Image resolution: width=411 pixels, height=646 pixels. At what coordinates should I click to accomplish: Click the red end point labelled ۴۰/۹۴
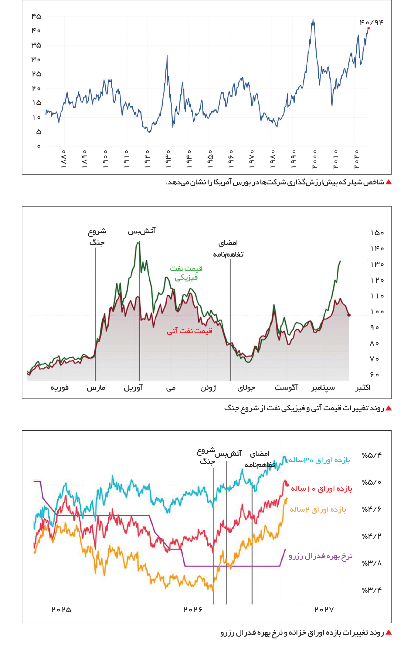pyautogui.click(x=369, y=28)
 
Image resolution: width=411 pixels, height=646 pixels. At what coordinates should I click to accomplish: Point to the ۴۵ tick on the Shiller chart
pyautogui.click(x=36, y=16)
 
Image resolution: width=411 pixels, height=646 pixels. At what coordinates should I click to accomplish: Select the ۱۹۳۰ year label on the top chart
pyautogui.click(x=168, y=159)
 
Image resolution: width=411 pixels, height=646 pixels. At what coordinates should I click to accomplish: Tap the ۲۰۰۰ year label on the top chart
pyautogui.click(x=314, y=159)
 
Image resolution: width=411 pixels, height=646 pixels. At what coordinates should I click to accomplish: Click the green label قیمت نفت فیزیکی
pyautogui.click(x=186, y=273)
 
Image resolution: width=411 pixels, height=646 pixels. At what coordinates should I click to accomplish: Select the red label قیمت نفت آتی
pyautogui.click(x=189, y=331)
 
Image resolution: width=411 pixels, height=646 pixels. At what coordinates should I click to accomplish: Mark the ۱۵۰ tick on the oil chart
pyautogui.click(x=377, y=233)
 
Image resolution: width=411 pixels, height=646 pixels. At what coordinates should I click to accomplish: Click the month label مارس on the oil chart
pyautogui.click(x=96, y=388)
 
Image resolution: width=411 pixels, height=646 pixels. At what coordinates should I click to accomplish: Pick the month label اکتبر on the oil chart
pyautogui.click(x=363, y=388)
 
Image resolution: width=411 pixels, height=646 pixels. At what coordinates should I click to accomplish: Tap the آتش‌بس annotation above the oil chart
pyautogui.click(x=141, y=231)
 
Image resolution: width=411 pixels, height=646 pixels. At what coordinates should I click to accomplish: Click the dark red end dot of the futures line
pyautogui.click(x=349, y=315)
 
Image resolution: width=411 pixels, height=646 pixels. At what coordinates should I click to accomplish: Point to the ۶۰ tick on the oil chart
pyautogui.click(x=375, y=375)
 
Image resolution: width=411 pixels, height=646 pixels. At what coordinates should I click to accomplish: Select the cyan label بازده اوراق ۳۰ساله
pyautogui.click(x=319, y=460)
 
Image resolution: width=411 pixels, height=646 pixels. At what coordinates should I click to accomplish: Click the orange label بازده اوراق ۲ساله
pyautogui.click(x=318, y=510)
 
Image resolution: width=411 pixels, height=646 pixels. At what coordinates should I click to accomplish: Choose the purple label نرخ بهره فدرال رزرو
pyautogui.click(x=321, y=556)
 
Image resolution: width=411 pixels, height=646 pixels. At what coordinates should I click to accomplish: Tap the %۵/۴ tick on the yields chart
pyautogui.click(x=372, y=455)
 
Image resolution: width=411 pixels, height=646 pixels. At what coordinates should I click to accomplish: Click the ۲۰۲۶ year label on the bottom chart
pyautogui.click(x=193, y=610)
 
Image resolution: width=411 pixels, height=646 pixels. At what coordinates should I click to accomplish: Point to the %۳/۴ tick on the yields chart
pyautogui.click(x=372, y=590)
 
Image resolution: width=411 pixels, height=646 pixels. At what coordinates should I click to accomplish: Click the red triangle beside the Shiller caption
pyautogui.click(x=389, y=182)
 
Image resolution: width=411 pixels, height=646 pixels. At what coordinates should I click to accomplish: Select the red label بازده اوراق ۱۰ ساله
pyautogui.click(x=321, y=489)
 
